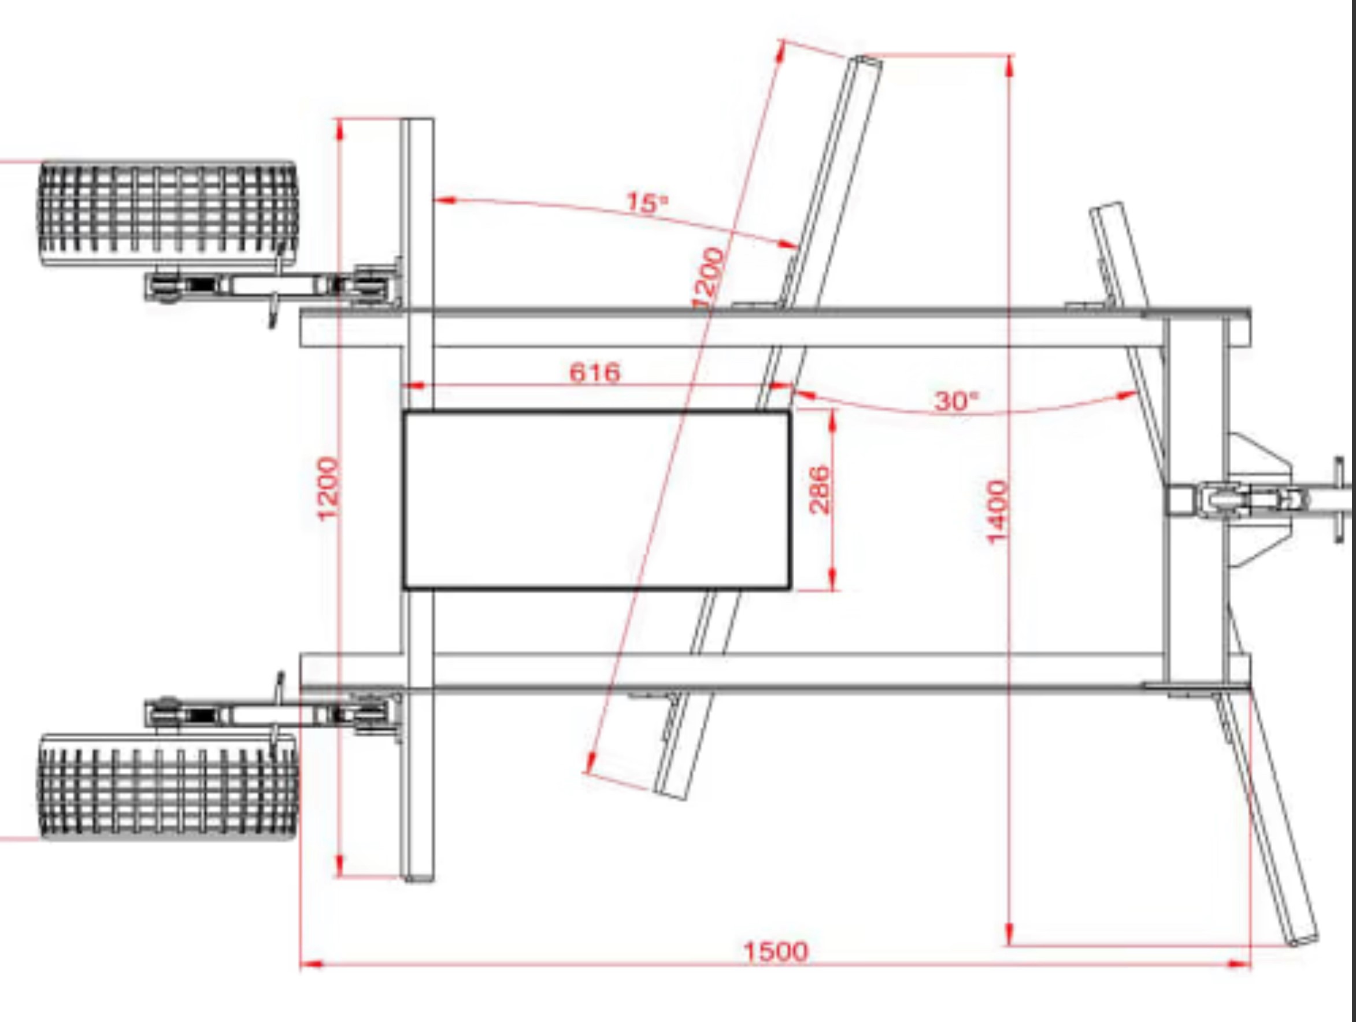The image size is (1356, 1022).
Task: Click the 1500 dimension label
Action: [776, 952]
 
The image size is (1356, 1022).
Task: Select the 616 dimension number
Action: [595, 372]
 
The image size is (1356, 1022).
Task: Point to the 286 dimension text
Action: [820, 489]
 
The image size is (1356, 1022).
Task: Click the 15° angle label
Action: [647, 203]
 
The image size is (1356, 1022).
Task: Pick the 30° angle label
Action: [957, 402]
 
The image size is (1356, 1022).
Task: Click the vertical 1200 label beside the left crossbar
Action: [328, 488]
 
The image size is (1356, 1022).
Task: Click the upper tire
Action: [169, 214]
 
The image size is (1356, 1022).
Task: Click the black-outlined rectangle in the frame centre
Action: [597, 500]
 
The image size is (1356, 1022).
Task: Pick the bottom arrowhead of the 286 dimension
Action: [832, 579]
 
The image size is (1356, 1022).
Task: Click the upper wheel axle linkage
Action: [273, 285]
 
